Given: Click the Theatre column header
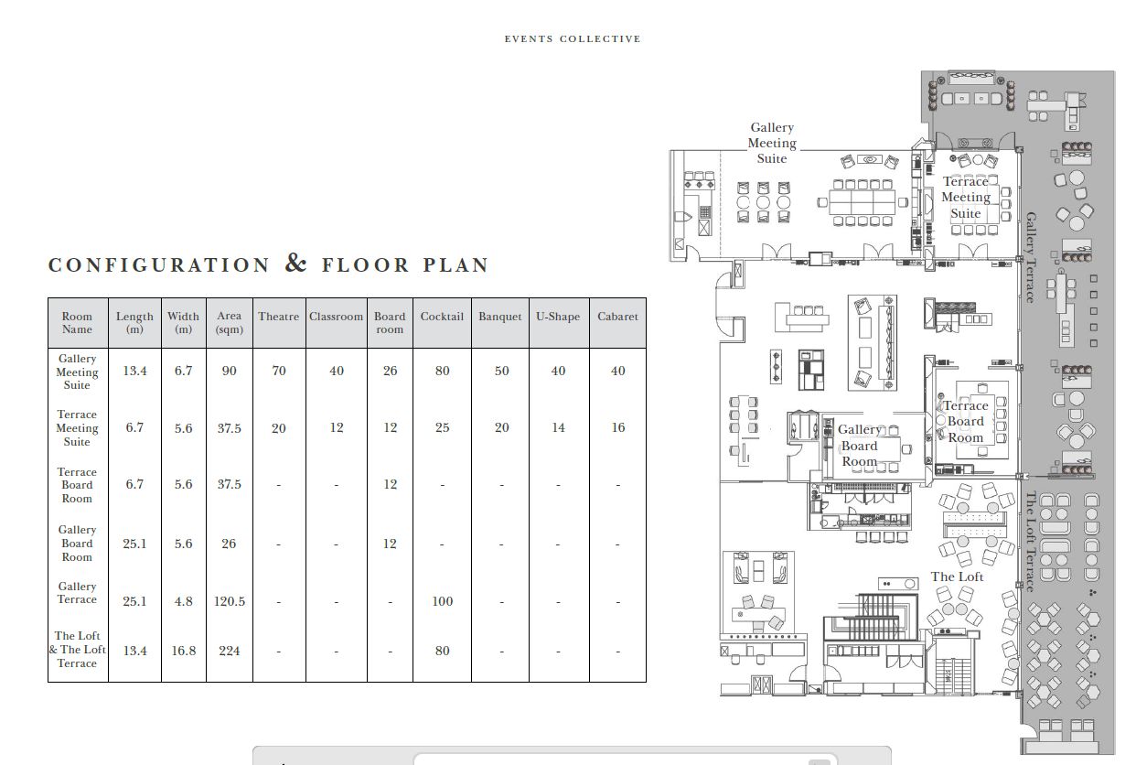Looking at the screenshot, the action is [x=278, y=317].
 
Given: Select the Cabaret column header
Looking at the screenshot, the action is [x=617, y=317].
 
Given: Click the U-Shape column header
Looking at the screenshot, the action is [x=558, y=317].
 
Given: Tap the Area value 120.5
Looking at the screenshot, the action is [x=230, y=601].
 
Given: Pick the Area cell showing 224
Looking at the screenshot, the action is [x=230, y=651].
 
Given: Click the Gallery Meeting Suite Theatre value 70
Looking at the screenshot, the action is [x=279, y=371].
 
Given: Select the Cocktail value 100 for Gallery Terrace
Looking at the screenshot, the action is [x=442, y=601].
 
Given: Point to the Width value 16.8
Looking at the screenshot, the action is [x=184, y=651].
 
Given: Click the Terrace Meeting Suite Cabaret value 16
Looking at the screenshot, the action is [x=617, y=427].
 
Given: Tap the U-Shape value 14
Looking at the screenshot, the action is [x=558, y=427].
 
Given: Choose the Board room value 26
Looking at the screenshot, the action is [x=390, y=371].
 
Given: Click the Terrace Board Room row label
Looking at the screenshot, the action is [x=77, y=485].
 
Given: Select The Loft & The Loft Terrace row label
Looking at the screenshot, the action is [x=77, y=650].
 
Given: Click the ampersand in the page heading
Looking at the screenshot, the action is [x=295, y=263].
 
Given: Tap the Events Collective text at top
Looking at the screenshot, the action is [x=573, y=39].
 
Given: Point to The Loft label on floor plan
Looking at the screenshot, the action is [x=957, y=576].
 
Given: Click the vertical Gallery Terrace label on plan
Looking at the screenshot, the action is [x=1031, y=257].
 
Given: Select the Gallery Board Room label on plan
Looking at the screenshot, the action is [x=859, y=446].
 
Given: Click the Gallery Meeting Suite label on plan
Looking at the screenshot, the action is [x=772, y=143].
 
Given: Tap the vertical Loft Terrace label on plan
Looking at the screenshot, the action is [x=1031, y=542].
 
